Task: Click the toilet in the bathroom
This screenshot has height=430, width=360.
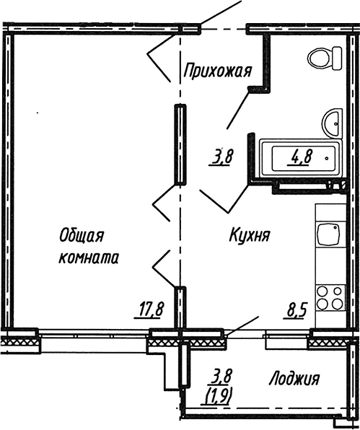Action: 325,59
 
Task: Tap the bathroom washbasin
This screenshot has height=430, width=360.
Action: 333,123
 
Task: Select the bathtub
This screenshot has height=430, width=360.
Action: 301,159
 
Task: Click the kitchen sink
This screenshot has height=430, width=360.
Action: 328,235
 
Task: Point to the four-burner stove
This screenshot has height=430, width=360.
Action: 330,298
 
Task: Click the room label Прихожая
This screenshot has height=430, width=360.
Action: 217,71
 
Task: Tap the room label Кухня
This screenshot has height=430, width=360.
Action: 250,236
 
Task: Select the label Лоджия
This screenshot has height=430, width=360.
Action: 294,379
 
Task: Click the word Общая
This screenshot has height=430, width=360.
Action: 82,236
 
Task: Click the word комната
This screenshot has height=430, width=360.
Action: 89,258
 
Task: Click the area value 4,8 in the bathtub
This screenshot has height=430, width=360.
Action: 299,158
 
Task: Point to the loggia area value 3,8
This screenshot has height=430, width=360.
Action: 221,377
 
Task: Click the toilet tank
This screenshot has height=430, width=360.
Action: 337,59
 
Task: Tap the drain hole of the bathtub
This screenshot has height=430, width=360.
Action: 327,159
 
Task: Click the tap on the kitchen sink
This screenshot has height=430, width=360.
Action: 335,227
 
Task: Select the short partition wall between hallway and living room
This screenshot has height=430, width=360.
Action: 180,144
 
